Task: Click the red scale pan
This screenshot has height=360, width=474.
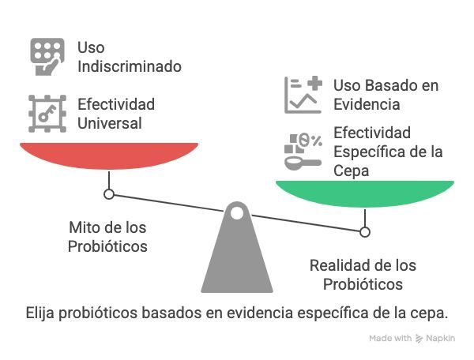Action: coord(108,155)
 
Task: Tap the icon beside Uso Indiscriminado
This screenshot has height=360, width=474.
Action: coord(47,56)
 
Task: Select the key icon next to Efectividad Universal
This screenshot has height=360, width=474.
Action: coord(47,113)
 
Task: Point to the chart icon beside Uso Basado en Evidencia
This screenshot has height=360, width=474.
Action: coord(303,94)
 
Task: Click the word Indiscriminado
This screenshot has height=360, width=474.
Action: coord(129,66)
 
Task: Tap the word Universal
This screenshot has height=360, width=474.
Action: coord(110,123)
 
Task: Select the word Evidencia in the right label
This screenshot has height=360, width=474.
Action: coord(367,104)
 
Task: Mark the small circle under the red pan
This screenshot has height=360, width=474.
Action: coord(109,193)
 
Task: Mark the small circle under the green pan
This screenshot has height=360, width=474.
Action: coord(364,231)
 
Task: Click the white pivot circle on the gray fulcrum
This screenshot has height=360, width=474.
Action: coord(237,212)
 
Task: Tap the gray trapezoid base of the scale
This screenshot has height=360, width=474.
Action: coord(237,261)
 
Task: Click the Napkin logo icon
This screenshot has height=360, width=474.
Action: coord(419,339)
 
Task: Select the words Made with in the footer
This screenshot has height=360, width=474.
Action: coord(390,339)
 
